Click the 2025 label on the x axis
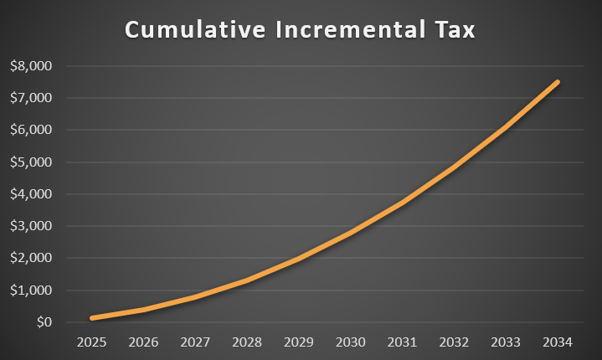pyautogui.click(x=92, y=342)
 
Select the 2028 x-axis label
pyautogui.click(x=247, y=342)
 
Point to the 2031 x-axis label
pyautogui.click(x=402, y=342)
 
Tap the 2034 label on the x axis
pyautogui.click(x=557, y=342)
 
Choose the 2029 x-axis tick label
pyautogui.click(x=299, y=342)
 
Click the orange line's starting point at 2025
pyautogui.click(x=92, y=318)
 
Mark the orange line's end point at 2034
pyautogui.click(x=557, y=82)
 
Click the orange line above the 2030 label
pyautogui.click(x=350, y=232)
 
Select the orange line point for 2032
pyautogui.click(x=454, y=167)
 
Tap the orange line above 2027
pyautogui.click(x=195, y=296)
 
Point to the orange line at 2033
pyautogui.click(x=505, y=128)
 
